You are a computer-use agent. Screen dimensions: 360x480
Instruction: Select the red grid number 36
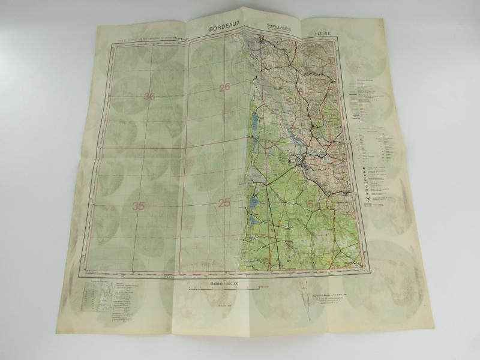point(149,97)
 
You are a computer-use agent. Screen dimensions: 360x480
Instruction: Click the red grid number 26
point(224,88)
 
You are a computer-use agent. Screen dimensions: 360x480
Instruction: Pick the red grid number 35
point(139,206)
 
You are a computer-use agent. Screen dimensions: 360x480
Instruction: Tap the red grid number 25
point(224,203)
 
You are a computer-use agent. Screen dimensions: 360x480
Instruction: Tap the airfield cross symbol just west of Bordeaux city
point(291,161)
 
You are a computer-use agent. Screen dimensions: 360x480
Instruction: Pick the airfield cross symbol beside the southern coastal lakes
point(256,196)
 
